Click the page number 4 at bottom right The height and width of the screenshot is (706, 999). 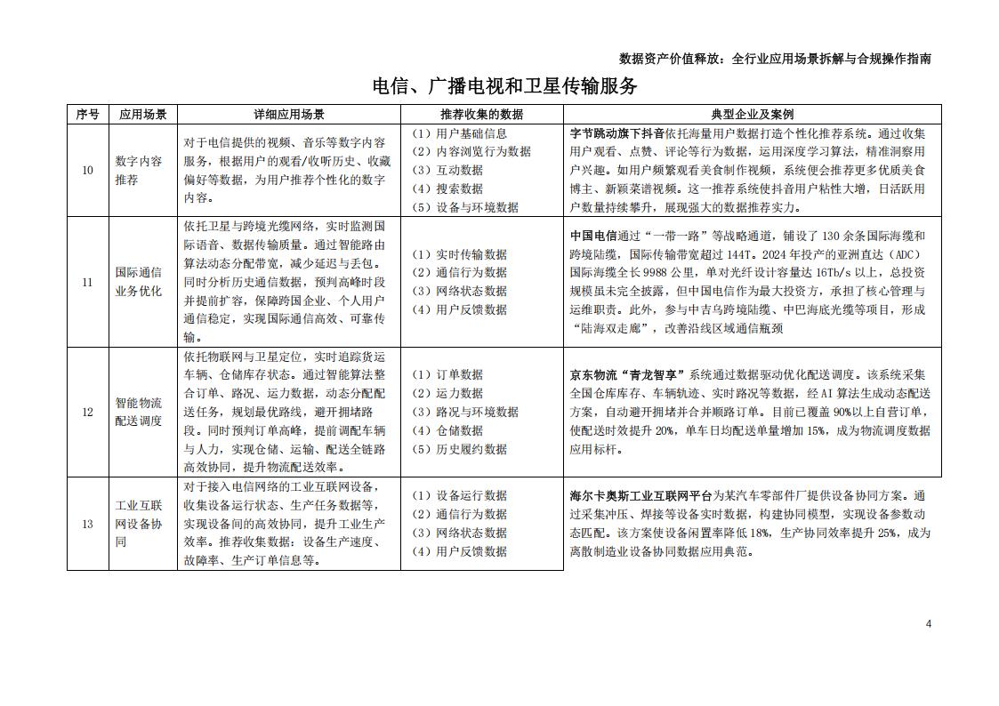point(928,623)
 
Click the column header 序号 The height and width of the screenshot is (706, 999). point(87,115)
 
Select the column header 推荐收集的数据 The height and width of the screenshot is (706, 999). point(481,115)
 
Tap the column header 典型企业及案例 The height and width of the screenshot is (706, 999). point(752,115)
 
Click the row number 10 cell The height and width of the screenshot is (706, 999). point(87,170)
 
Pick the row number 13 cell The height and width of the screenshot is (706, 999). point(87,524)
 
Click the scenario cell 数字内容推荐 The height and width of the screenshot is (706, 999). point(139,170)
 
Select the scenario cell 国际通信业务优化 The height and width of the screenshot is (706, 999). point(139,282)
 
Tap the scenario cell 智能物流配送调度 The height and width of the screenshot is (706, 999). point(139,412)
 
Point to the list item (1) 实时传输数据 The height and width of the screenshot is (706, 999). point(459,254)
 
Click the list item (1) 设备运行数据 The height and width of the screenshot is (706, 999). point(459,495)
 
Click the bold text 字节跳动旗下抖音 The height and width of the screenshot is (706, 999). point(616,132)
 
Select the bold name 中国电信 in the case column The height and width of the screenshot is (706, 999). point(593,236)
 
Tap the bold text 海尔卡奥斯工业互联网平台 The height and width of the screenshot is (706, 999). point(640,495)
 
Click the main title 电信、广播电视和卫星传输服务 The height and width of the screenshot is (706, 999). point(504,86)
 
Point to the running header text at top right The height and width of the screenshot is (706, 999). point(775,59)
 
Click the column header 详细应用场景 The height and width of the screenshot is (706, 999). point(289,115)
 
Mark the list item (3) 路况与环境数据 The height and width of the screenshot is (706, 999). point(465,412)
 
